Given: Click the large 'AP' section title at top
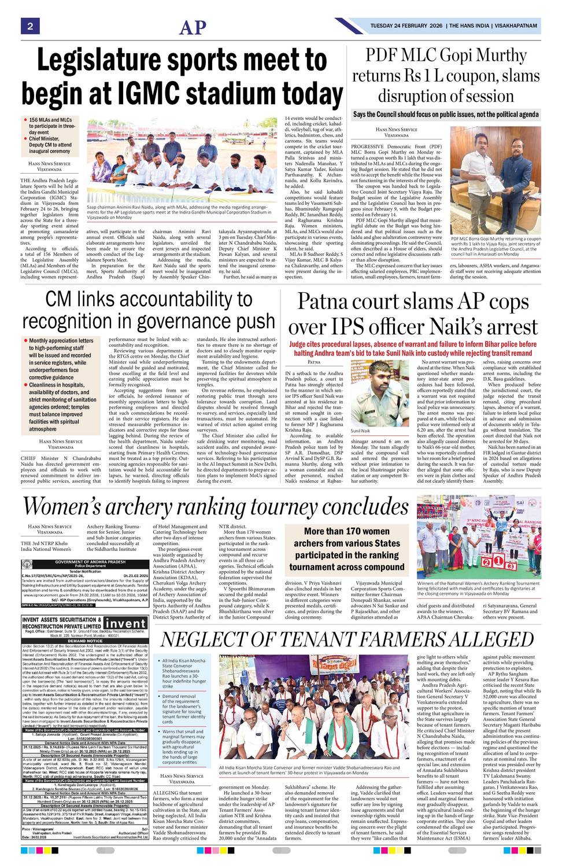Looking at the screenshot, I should pos(193,27).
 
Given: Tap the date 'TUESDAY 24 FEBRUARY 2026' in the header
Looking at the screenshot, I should pos(407,26).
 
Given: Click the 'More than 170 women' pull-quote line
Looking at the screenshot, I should pos(346,531).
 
